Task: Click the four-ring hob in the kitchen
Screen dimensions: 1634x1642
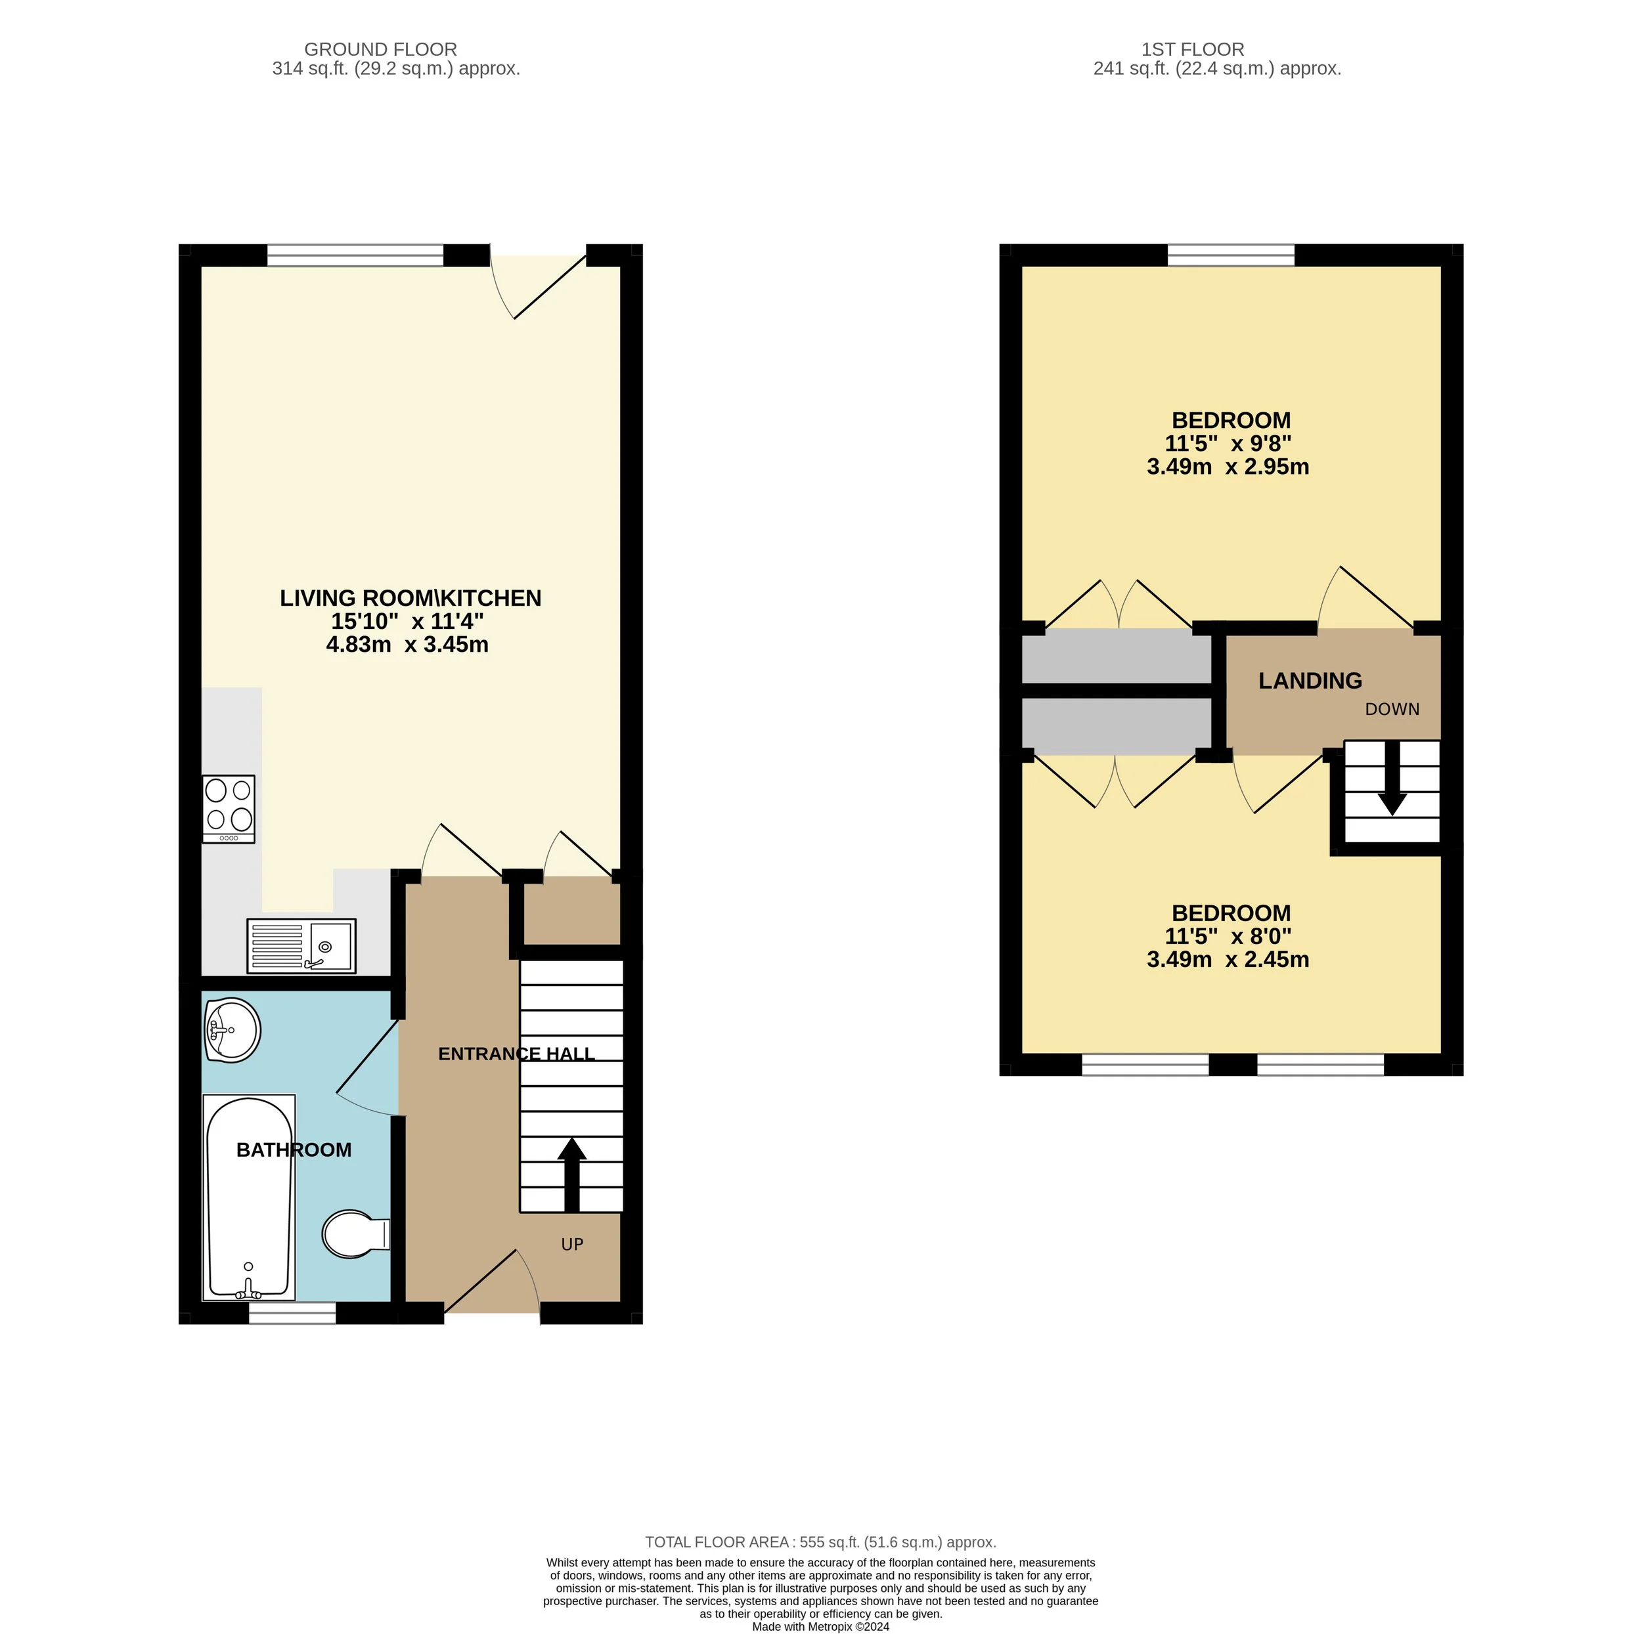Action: click(229, 808)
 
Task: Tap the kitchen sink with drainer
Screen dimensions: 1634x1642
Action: click(301, 946)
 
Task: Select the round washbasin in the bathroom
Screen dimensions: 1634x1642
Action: click(231, 1030)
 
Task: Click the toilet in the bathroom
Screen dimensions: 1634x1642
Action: click(355, 1234)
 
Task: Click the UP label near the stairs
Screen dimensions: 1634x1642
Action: click(572, 1244)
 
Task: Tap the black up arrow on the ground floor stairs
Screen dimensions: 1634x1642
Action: click(572, 1174)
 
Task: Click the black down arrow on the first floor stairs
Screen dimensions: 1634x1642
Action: click(1391, 779)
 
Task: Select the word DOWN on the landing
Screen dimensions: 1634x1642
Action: click(1391, 708)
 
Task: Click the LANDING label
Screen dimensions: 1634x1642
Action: click(1310, 681)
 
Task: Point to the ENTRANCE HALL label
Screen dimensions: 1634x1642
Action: click(516, 1054)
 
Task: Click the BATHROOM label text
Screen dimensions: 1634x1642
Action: click(293, 1150)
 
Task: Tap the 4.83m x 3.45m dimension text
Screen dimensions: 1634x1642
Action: click(407, 644)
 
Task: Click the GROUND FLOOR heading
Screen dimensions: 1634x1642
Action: click(380, 49)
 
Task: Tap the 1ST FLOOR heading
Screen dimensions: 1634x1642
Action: click(1192, 49)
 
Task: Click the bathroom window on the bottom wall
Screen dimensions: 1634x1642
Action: click(292, 1313)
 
